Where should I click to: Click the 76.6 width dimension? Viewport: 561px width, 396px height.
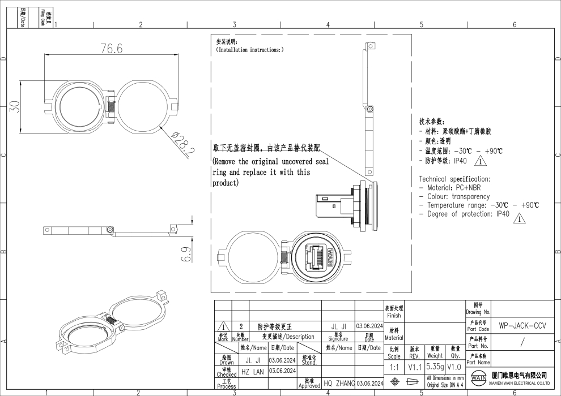tap(111, 49)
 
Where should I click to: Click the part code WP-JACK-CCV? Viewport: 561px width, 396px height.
tap(522, 326)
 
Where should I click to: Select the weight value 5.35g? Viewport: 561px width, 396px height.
tap(435, 367)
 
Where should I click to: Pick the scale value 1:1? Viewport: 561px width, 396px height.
tap(394, 367)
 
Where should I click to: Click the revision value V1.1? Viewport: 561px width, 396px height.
tap(415, 367)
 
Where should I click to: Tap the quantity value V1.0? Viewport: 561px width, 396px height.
tap(454, 367)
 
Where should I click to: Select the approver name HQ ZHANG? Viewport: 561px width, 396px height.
tap(339, 384)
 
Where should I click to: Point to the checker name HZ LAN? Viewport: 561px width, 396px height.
tap(253, 371)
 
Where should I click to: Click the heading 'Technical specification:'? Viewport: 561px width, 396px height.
tap(454, 179)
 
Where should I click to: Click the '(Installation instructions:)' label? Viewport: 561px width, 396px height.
tap(250, 50)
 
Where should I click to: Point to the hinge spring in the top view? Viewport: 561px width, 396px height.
tap(112, 105)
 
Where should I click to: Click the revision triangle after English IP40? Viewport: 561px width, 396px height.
tap(517, 218)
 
